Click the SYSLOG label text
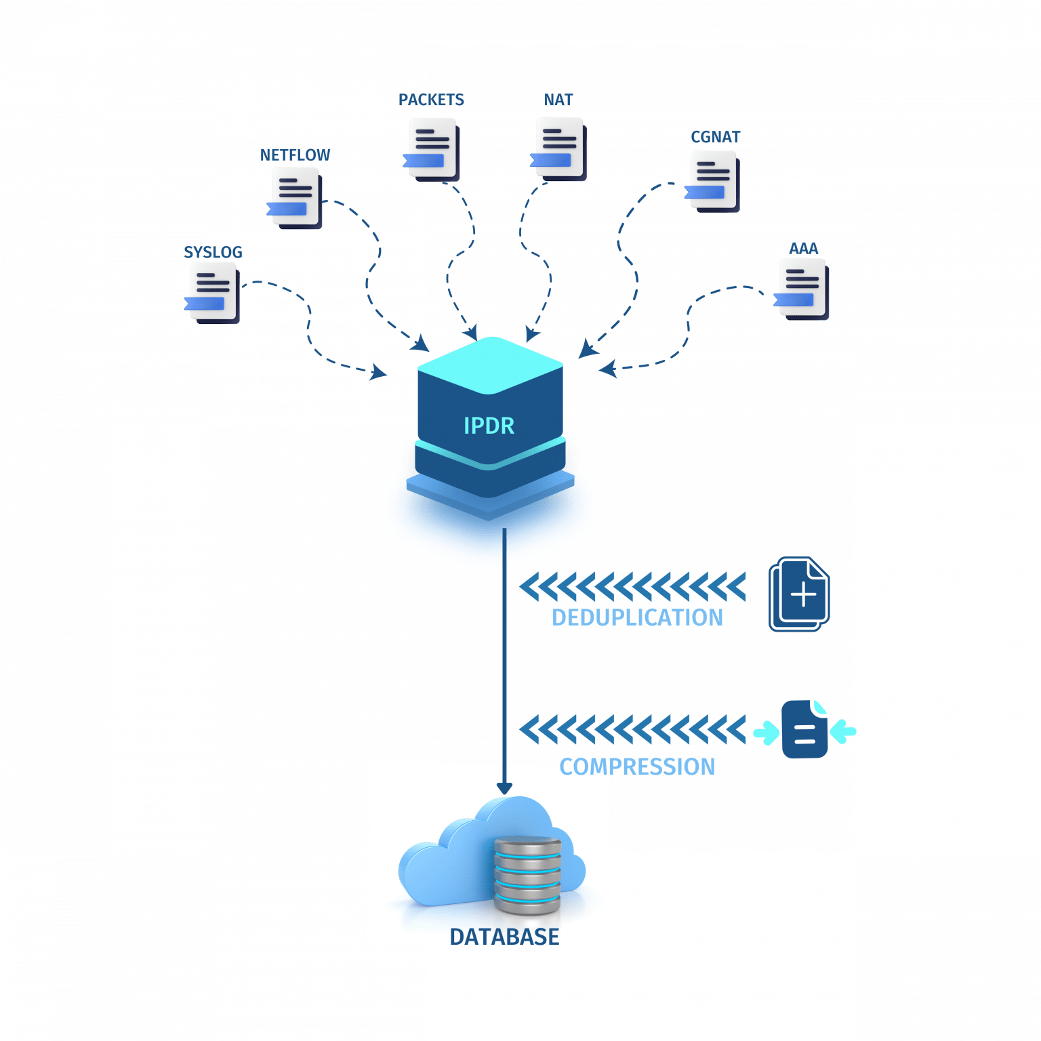tap(213, 252)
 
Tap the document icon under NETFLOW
tap(295, 197)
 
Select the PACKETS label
tap(431, 100)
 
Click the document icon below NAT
tap(558, 148)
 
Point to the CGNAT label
tap(715, 137)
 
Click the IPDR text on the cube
tap(489, 426)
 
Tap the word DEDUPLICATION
tap(636, 617)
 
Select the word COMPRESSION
tap(636, 767)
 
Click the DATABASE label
tap(504, 936)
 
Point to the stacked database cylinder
tap(527, 874)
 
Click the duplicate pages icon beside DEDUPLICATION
tap(799, 594)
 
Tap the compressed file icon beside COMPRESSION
tap(804, 730)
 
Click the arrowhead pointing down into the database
tap(504, 787)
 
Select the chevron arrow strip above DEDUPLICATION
tap(633, 586)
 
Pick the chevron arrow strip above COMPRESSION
tap(633, 729)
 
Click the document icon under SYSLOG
tap(213, 292)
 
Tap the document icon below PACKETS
tap(432, 148)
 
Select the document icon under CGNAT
tap(713, 180)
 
